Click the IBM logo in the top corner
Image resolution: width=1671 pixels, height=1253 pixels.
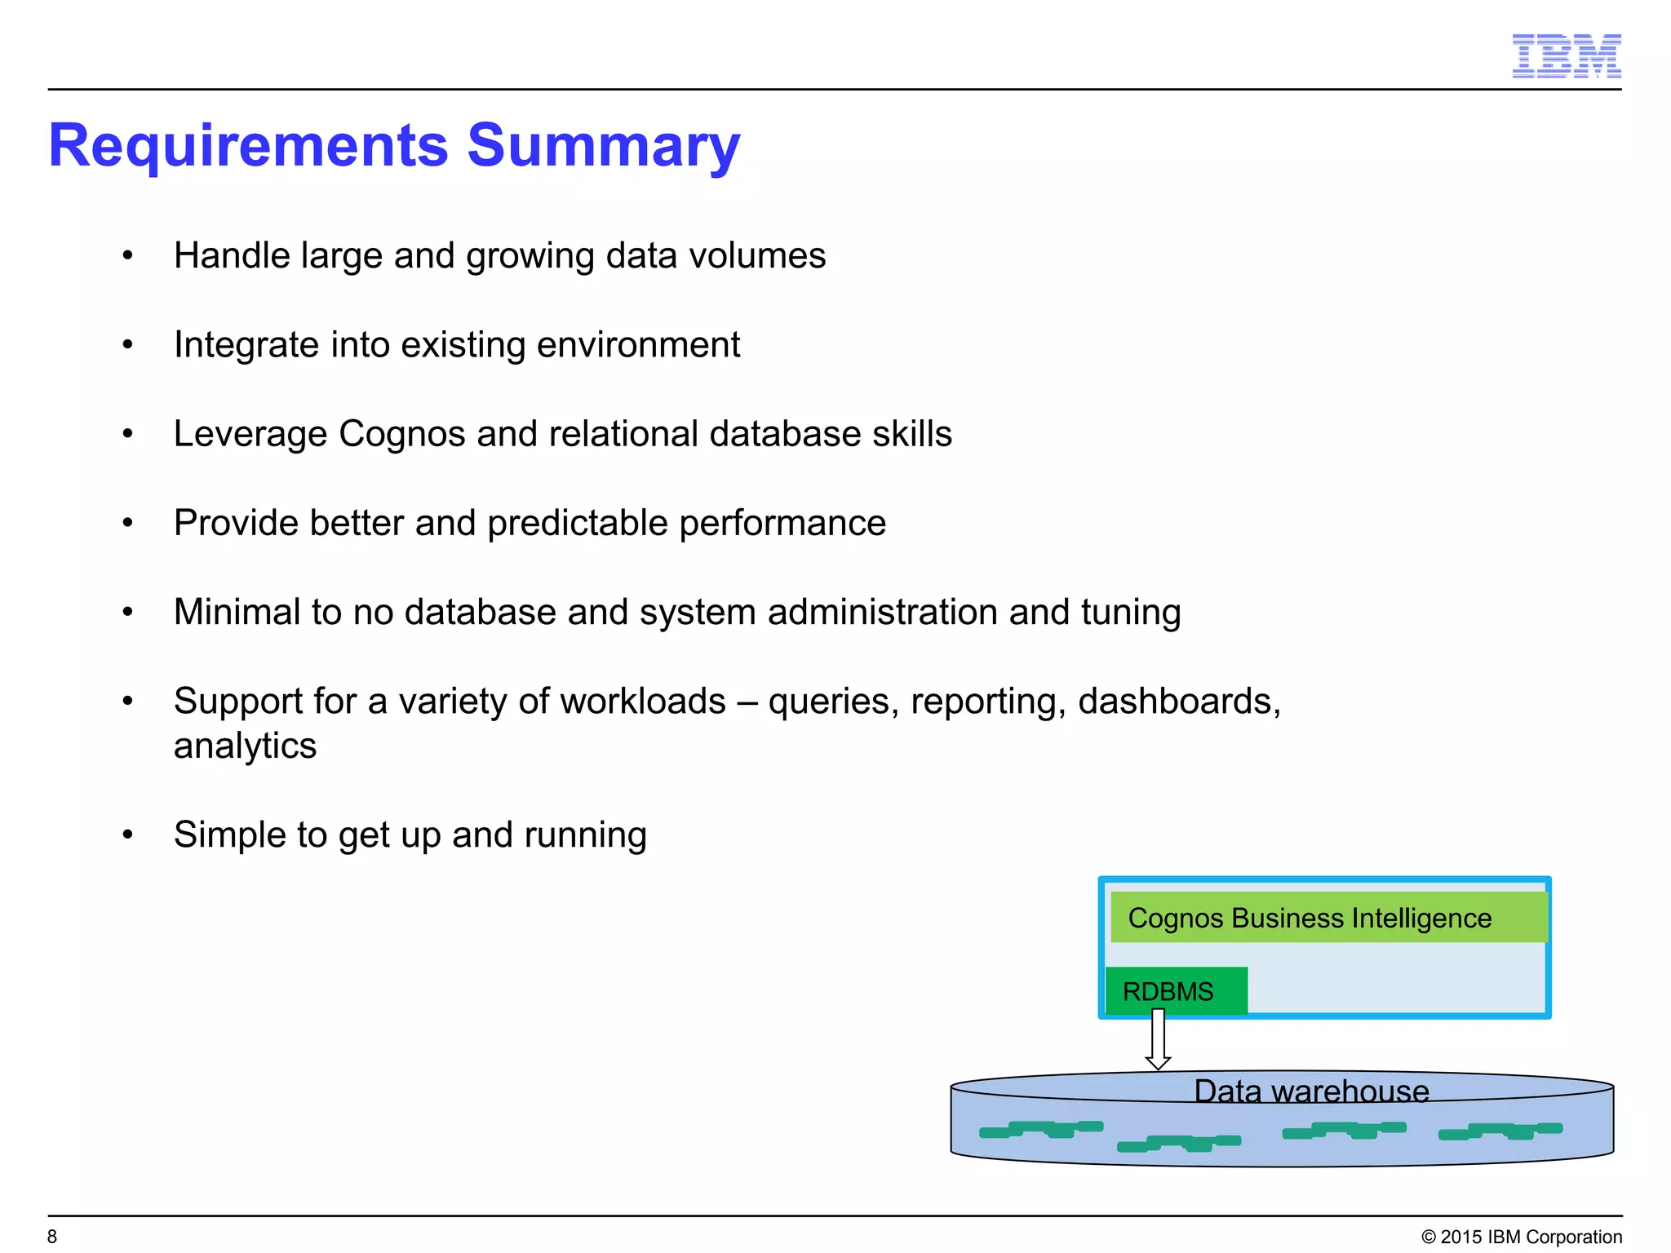1566,56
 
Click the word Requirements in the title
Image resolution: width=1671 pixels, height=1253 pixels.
248,146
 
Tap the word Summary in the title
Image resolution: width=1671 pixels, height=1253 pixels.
603,146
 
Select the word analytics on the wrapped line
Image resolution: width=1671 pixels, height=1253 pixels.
245,746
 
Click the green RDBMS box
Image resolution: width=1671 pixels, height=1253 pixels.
1176,991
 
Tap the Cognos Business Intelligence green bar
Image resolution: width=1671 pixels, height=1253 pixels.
1327,918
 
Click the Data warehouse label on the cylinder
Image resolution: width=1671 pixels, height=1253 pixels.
1311,1091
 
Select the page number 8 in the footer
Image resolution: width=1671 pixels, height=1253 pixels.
52,1237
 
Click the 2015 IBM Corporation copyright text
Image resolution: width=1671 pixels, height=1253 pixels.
1522,1237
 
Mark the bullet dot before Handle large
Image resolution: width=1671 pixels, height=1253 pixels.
127,256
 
